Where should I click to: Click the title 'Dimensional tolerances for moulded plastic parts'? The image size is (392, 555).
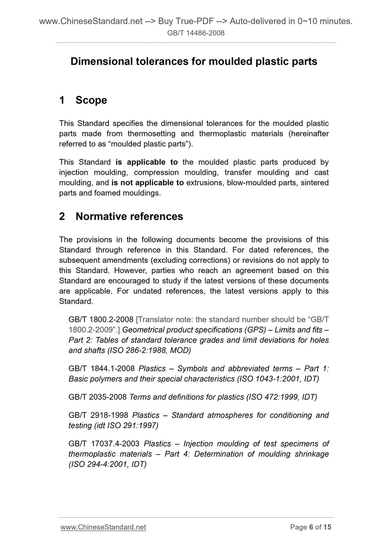(194, 61)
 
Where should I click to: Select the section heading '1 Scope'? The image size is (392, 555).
(83, 100)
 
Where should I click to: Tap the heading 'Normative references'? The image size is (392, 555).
(129, 216)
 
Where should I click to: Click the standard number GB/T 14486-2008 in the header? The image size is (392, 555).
(196, 33)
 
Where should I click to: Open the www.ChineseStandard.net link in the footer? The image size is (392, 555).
(103, 527)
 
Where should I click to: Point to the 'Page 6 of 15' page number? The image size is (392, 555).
(310, 527)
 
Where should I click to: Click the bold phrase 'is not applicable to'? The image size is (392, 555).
(147, 183)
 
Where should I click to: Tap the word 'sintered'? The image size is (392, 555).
(314, 183)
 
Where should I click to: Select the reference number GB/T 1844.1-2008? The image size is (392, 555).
(101, 369)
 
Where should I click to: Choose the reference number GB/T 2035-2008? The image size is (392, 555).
(97, 397)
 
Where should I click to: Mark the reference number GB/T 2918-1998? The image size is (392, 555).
(98, 415)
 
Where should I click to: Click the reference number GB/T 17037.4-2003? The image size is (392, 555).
(104, 444)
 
